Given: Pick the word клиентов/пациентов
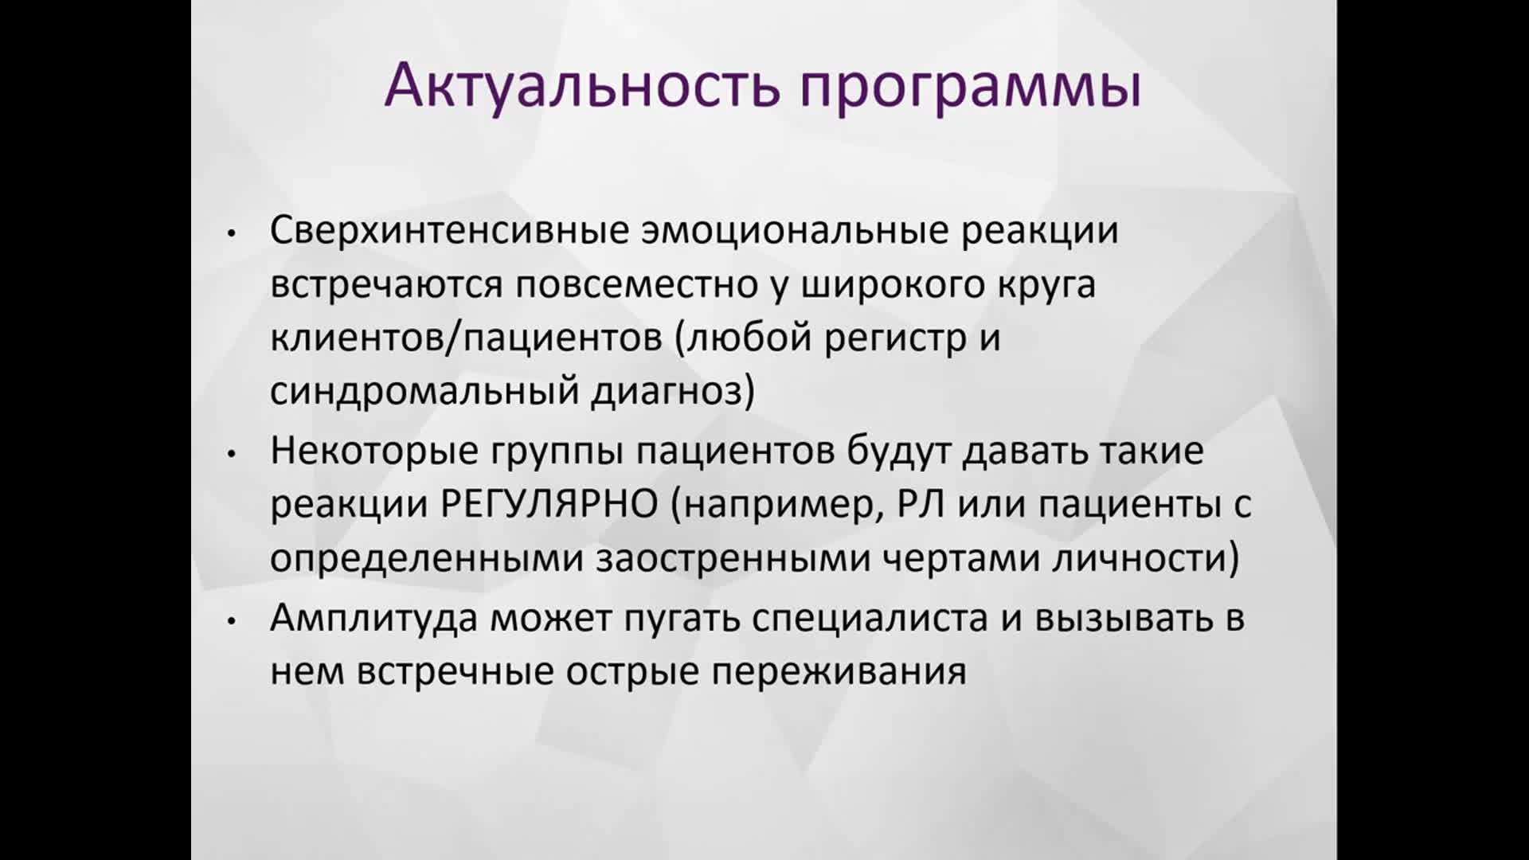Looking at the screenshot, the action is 466,338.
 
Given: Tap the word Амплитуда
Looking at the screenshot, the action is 373,618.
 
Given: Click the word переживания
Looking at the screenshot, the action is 839,672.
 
